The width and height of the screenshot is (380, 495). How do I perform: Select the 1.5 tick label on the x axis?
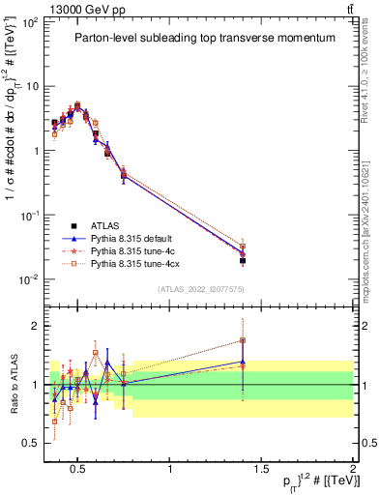(x=262, y=469)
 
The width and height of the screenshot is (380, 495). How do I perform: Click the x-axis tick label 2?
(x=353, y=469)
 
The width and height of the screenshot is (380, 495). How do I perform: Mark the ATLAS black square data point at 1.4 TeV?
(x=243, y=261)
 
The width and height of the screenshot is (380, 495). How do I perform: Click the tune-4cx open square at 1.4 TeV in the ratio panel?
(x=243, y=340)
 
